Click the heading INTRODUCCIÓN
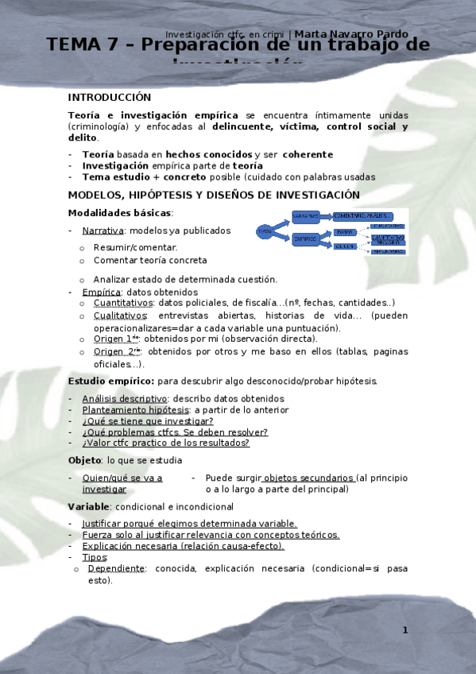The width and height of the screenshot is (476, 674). [110, 97]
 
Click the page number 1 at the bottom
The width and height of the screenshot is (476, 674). [404, 630]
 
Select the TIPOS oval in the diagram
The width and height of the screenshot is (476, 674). [265, 231]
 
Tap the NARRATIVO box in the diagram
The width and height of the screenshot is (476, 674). [305, 215]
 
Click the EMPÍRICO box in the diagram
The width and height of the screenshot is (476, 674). [305, 238]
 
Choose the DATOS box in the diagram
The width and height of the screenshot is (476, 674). [344, 232]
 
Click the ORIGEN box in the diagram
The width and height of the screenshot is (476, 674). [344, 246]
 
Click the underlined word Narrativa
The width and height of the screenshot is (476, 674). [103, 230]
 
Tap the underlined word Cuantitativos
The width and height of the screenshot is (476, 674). [123, 303]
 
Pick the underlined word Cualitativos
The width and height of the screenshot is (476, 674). [120, 316]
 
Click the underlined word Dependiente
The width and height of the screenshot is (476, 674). [116, 568]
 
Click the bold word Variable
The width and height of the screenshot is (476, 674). [88, 506]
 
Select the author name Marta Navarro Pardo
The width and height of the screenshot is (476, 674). [352, 34]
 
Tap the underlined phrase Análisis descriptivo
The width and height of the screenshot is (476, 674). [125, 398]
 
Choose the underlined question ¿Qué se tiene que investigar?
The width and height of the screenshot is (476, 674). [148, 421]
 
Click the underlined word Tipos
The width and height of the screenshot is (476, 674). [95, 557]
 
